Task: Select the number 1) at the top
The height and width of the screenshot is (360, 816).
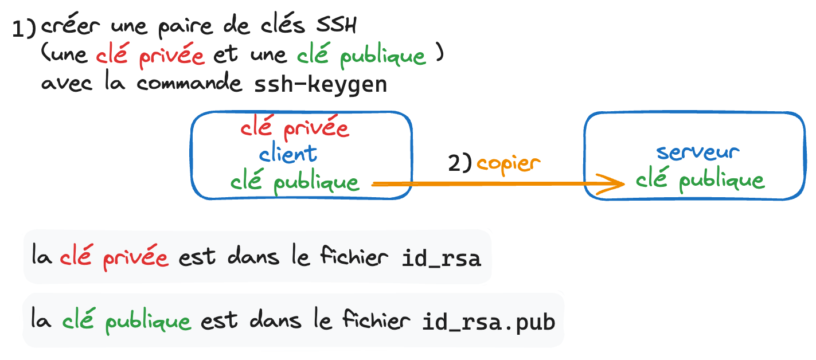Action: click(x=24, y=29)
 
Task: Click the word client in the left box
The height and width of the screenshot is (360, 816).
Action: click(x=288, y=153)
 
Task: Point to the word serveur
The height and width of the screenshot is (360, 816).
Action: click(x=698, y=152)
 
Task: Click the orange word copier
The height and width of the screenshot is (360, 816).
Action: click(x=509, y=163)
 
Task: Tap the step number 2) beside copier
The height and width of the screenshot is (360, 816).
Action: click(x=459, y=164)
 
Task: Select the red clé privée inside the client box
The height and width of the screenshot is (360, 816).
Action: click(x=295, y=128)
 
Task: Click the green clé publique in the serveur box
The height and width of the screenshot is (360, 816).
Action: click(x=700, y=181)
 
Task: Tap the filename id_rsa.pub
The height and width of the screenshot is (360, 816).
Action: click(x=489, y=322)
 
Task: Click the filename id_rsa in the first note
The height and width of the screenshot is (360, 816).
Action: click(x=440, y=259)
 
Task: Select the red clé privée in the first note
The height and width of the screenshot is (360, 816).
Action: click(x=114, y=258)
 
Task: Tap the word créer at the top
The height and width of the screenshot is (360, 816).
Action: click(x=71, y=27)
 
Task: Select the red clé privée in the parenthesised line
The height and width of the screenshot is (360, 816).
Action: click(x=150, y=56)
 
